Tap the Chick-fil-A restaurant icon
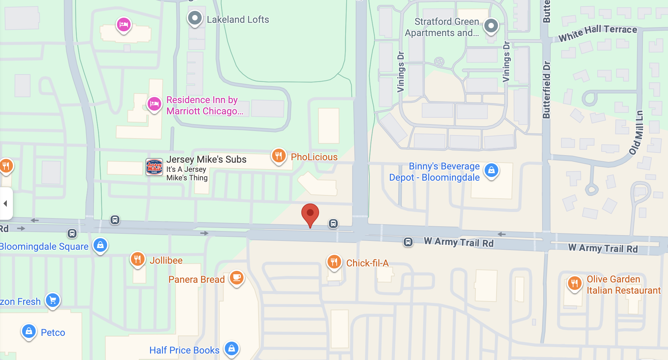334,262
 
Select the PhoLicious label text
314,157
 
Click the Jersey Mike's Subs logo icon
154,167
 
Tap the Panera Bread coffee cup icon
237,278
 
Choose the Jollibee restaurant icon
137,260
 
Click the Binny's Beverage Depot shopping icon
491,170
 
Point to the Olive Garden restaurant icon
574,283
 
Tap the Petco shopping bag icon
29,331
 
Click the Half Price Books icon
232,348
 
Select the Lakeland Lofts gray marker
195,18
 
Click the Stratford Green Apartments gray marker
491,26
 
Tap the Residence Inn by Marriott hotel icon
154,103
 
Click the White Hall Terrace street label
598,33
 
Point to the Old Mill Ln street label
636,133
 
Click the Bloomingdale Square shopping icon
100,245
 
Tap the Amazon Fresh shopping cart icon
53,300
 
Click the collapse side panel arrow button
5,203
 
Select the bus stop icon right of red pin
333,224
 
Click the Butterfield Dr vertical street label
546,90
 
